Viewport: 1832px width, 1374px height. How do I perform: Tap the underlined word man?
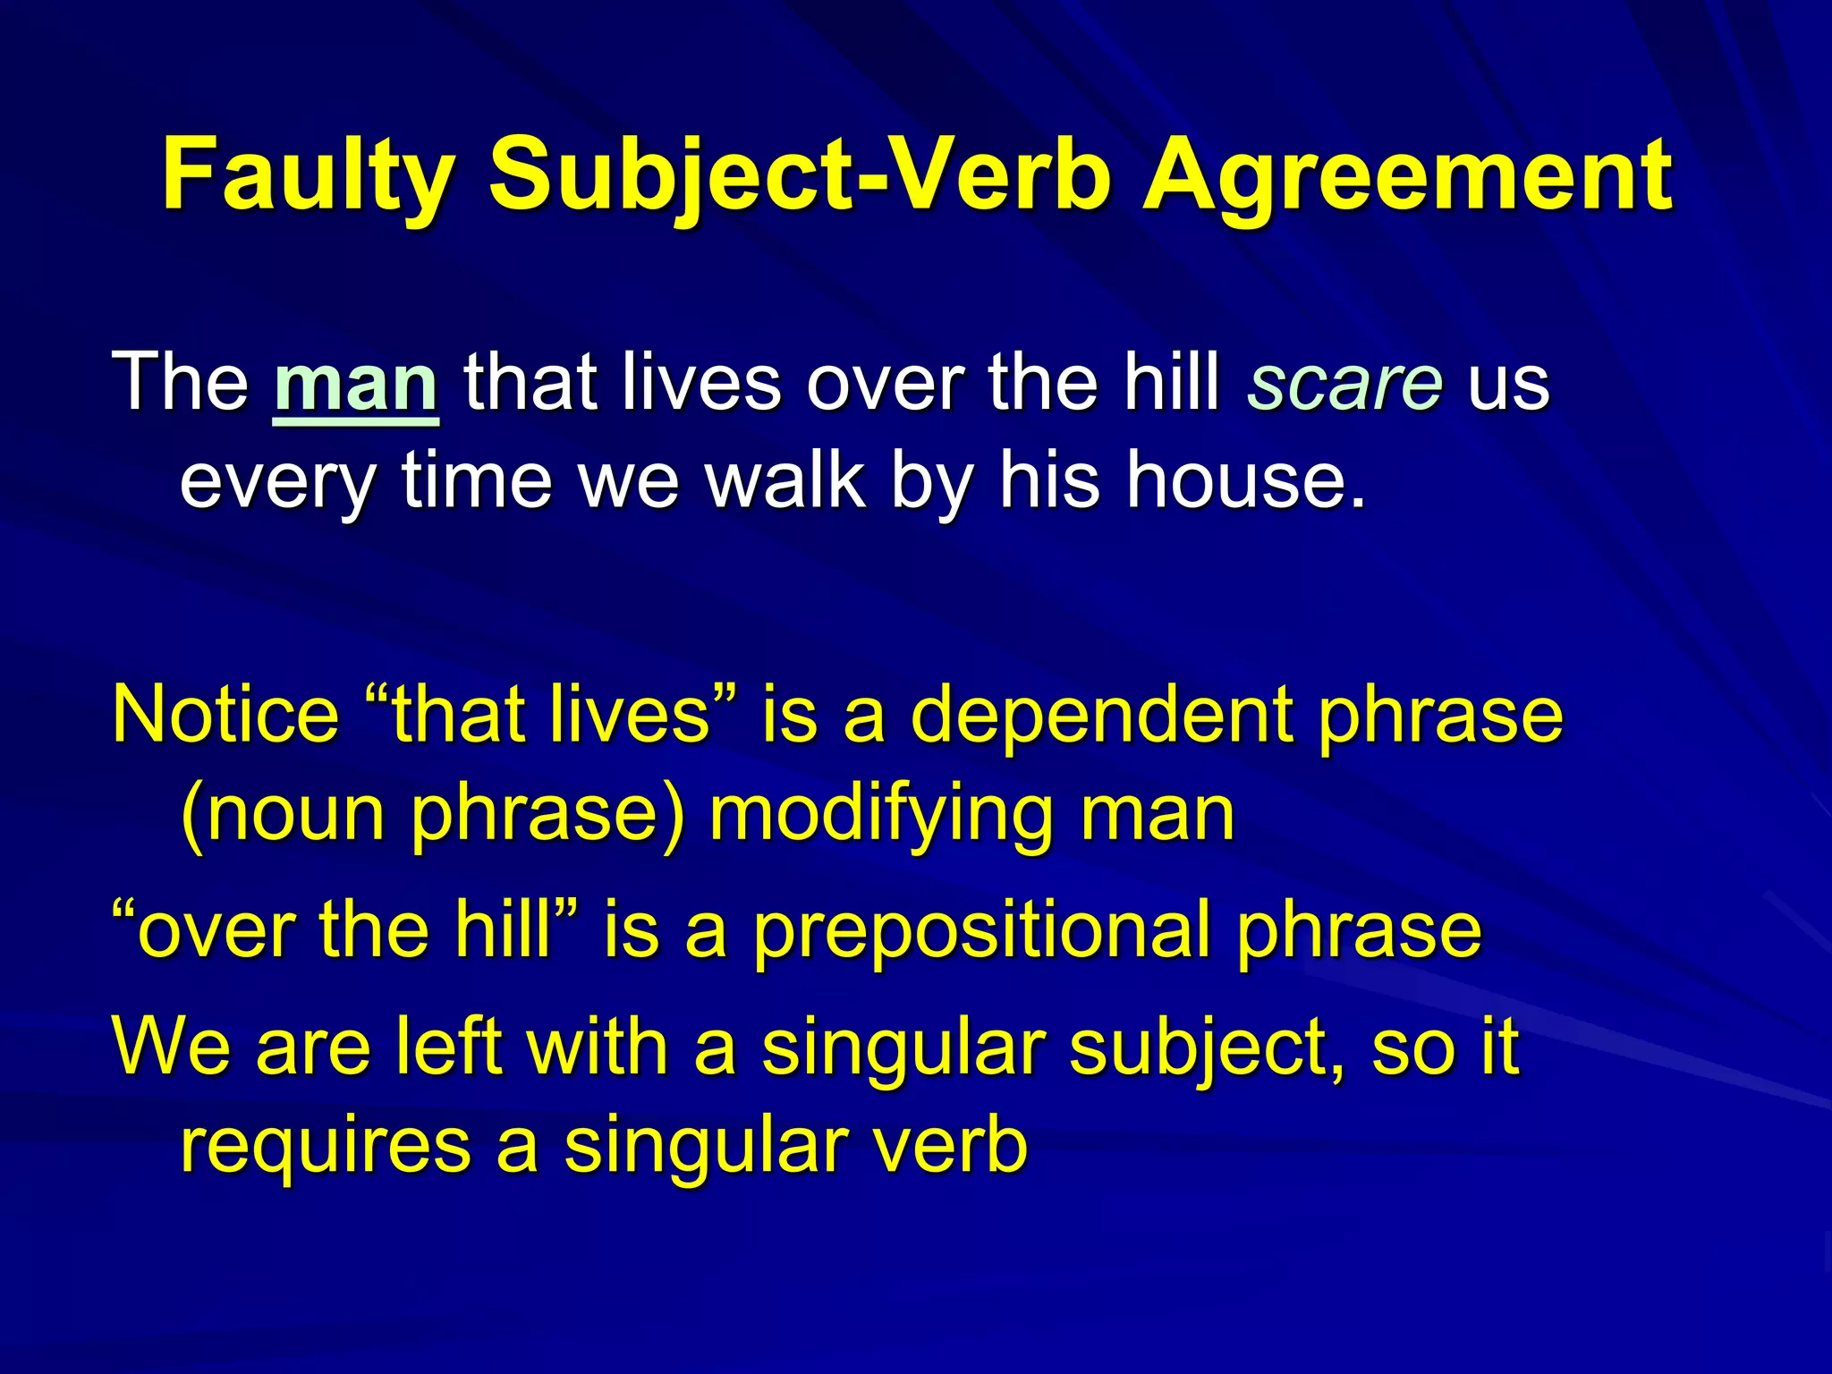click(x=356, y=384)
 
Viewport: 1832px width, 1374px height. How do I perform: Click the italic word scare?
click(x=1344, y=384)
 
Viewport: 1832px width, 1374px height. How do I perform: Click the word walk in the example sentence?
click(x=785, y=481)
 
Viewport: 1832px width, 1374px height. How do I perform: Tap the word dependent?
click(x=1101, y=715)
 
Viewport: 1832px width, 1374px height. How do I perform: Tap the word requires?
click(x=325, y=1146)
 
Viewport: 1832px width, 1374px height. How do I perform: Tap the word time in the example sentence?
click(x=476, y=481)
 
